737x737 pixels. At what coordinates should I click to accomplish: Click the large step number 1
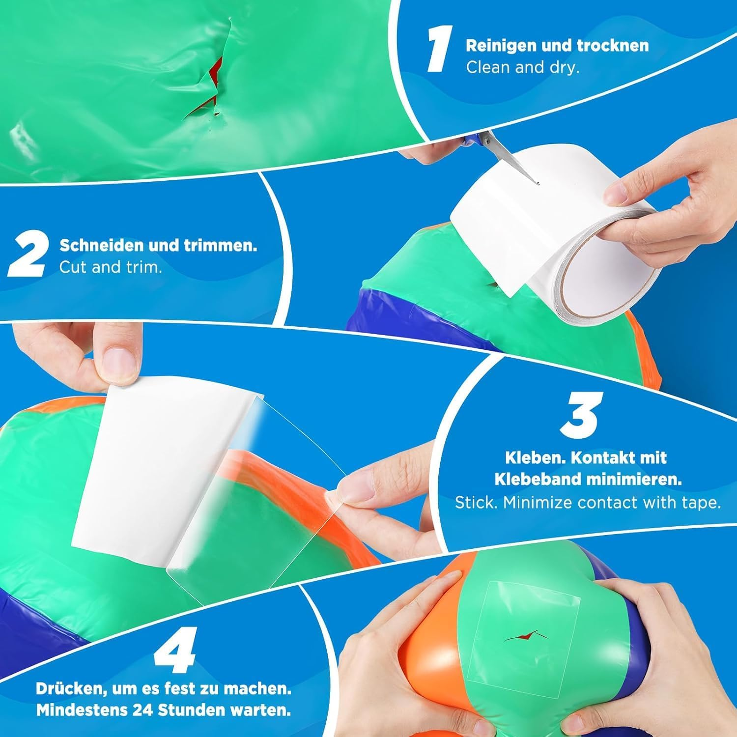(x=439, y=50)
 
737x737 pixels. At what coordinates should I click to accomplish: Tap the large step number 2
(x=28, y=254)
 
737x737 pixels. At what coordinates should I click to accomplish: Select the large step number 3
(x=580, y=416)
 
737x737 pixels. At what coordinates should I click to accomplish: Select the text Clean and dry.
(x=523, y=68)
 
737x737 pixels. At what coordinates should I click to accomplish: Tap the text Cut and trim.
(x=111, y=267)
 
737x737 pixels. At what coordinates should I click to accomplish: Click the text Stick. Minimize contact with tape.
(x=588, y=502)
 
